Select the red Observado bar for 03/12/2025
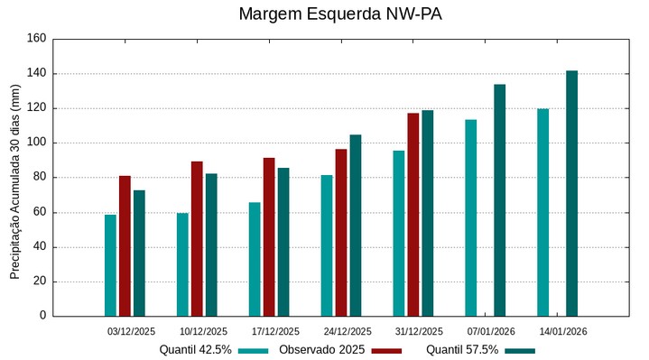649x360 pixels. click(x=125, y=245)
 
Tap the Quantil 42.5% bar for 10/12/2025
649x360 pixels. click(x=182, y=264)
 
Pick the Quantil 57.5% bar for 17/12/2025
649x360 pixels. click(x=283, y=242)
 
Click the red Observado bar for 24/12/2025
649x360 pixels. click(x=341, y=232)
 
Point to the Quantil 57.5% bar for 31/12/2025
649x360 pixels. click(x=428, y=213)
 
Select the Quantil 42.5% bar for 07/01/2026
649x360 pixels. click(x=471, y=217)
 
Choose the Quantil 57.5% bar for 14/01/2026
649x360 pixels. click(x=571, y=193)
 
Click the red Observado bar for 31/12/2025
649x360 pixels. click(x=413, y=214)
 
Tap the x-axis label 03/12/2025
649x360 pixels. click(x=132, y=331)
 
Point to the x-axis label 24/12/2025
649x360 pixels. click(x=348, y=331)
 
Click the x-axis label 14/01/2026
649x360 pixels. click(x=564, y=331)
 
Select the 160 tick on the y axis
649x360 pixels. click(x=37, y=39)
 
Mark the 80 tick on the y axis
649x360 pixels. click(x=40, y=178)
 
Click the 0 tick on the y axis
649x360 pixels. click(x=42, y=316)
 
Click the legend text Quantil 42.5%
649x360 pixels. click(x=196, y=349)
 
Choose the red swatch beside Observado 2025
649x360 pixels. click(x=386, y=350)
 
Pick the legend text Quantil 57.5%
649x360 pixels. click(x=462, y=349)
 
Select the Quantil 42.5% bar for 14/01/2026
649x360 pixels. click(x=543, y=212)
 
